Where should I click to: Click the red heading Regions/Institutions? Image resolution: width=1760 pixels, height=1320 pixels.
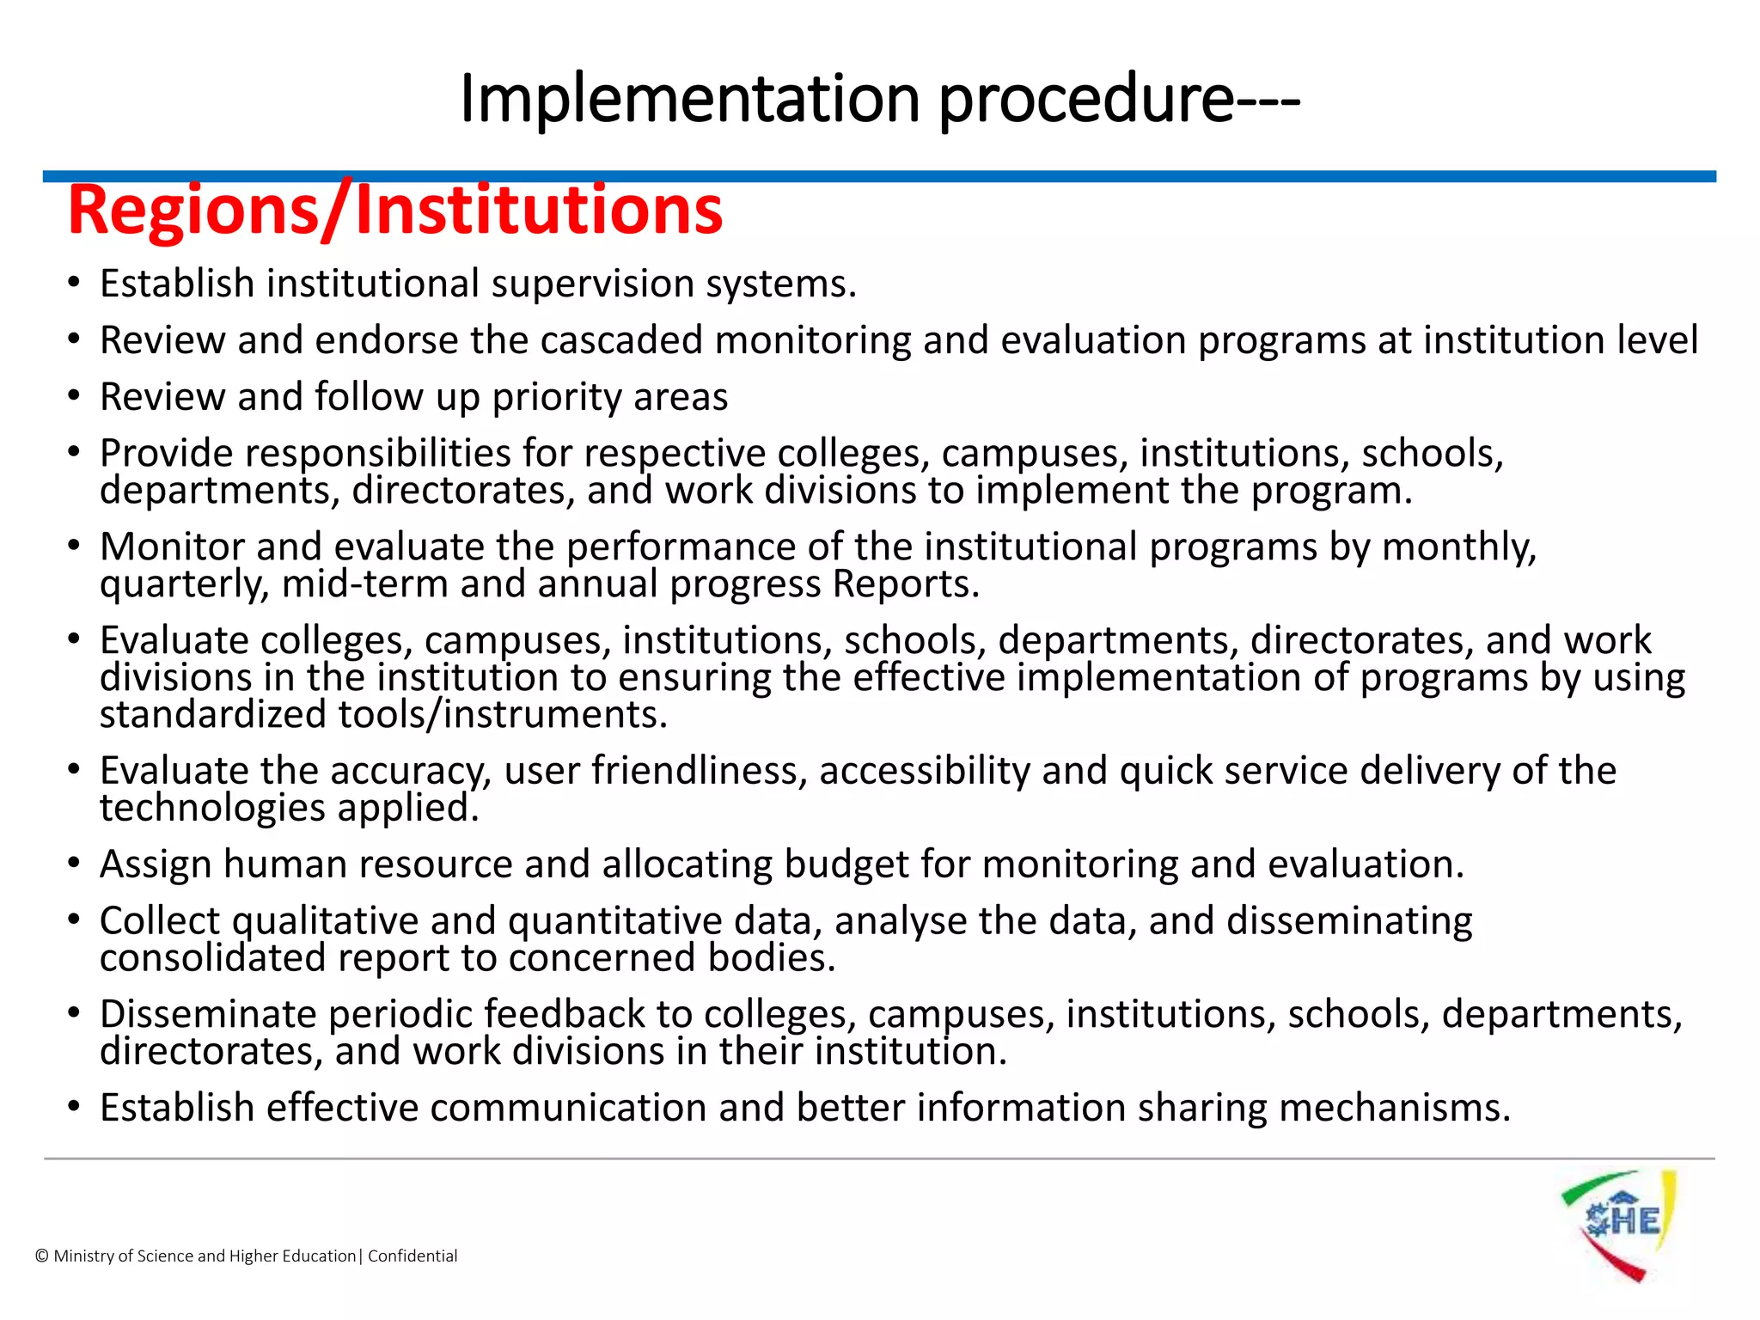[395, 211]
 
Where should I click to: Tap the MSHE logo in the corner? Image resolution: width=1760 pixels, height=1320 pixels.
[1619, 1225]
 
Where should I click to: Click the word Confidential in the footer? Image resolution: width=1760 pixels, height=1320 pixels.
[412, 1256]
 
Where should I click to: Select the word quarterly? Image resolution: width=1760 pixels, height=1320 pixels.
[184, 585]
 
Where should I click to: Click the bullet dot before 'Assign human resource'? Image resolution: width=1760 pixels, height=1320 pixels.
[75, 863]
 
